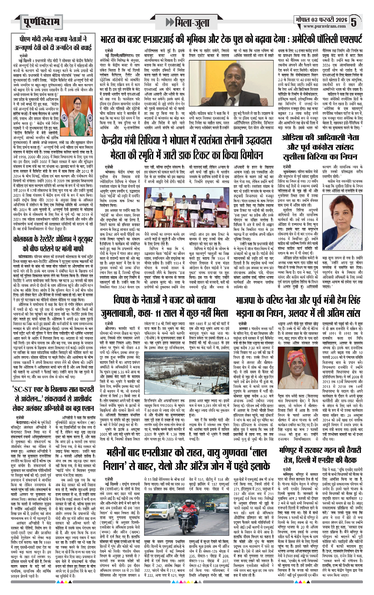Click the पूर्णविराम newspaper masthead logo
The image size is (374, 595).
[41, 22]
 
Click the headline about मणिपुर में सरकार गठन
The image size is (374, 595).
[320, 454]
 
